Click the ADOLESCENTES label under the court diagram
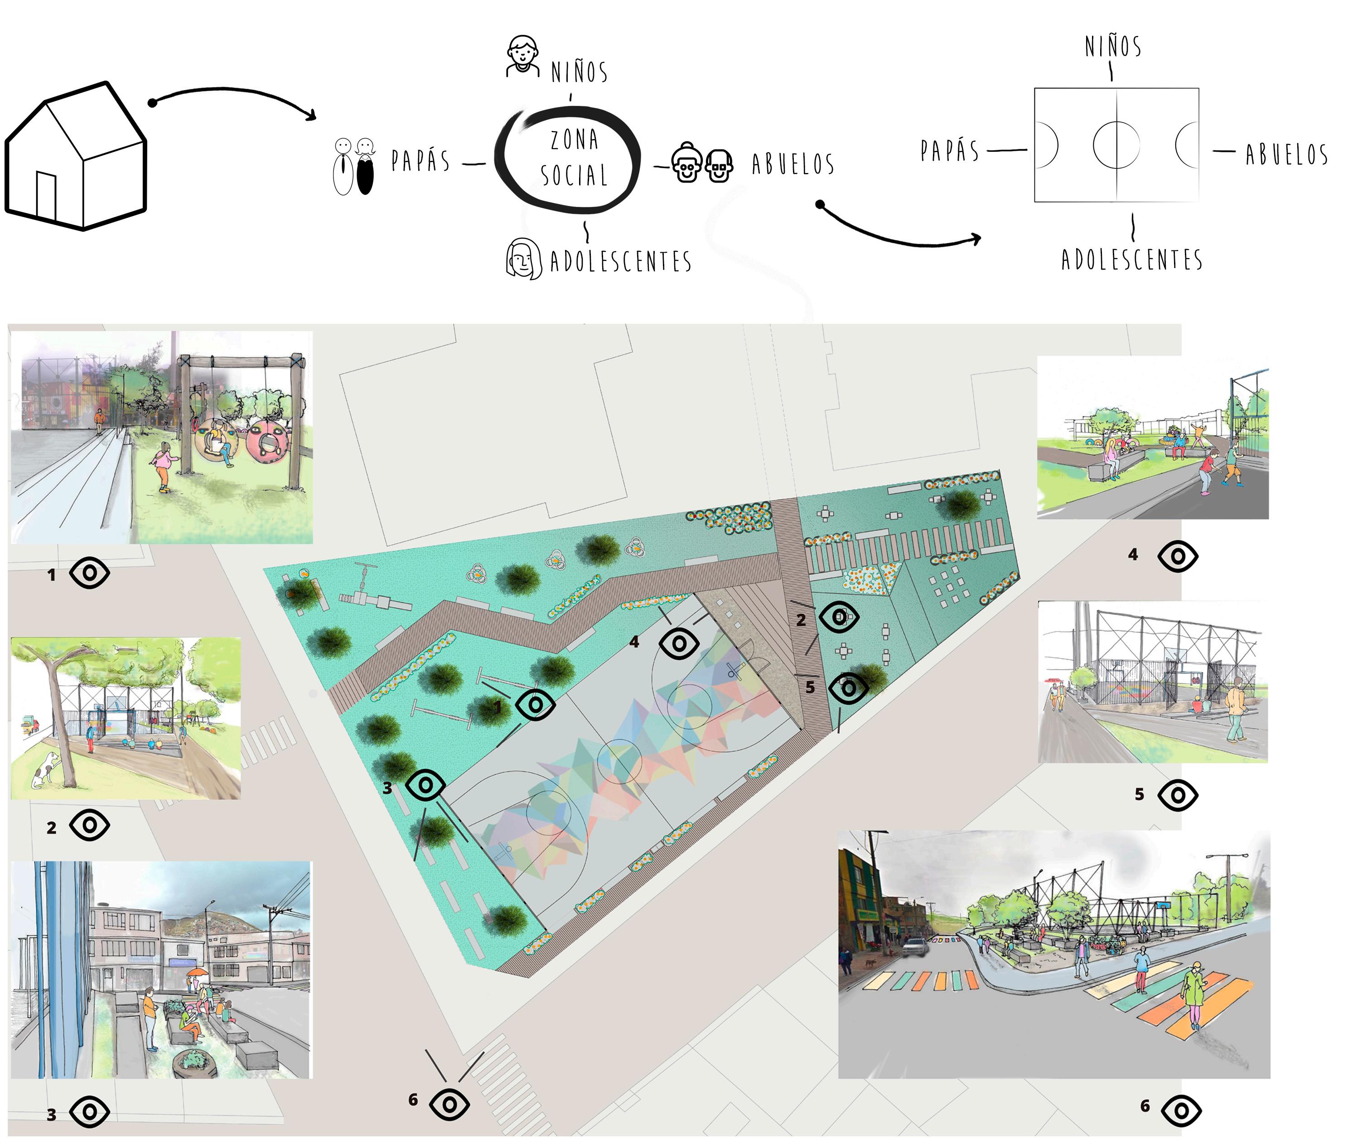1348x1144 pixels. [1131, 260]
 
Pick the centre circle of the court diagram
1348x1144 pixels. [1116, 144]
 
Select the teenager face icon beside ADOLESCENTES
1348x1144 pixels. [523, 259]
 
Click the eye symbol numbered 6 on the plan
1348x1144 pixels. [449, 1102]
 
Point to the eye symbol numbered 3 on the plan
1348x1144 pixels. [425, 785]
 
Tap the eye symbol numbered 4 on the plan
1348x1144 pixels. [679, 644]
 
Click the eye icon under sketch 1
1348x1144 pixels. [90, 572]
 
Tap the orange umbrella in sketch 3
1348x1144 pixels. [197, 972]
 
